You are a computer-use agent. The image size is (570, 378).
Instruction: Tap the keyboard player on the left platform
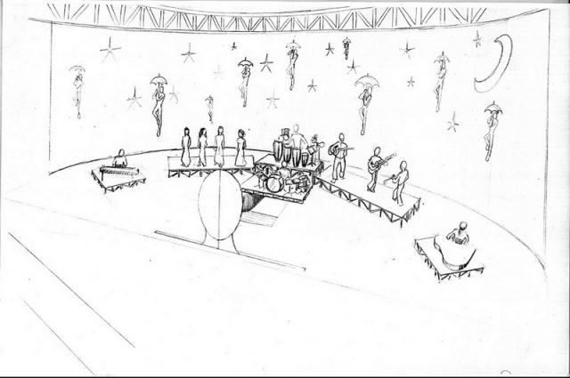pos(120,159)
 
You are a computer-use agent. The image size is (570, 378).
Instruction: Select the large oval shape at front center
pos(219,205)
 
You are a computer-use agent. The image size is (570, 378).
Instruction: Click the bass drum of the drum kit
pos(274,184)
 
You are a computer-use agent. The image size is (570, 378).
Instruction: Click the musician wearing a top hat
pos(284,142)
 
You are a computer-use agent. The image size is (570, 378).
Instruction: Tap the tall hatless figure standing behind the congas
pos(297,141)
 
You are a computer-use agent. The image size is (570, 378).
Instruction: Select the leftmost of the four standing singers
pos(186,148)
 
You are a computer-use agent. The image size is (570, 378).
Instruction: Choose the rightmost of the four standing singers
pos(240,148)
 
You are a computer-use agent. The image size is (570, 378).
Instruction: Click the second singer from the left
pos(202,148)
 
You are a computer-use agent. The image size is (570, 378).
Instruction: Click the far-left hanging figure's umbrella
pos(77,68)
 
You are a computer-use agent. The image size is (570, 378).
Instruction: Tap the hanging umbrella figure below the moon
pos(492,129)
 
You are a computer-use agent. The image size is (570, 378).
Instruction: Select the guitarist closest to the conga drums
pos(339,157)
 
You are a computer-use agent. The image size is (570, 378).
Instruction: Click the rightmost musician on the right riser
pos(401,182)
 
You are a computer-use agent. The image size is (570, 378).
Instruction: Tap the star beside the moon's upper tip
pos(477,38)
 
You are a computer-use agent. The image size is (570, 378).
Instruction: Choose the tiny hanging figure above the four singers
pos(209,107)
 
